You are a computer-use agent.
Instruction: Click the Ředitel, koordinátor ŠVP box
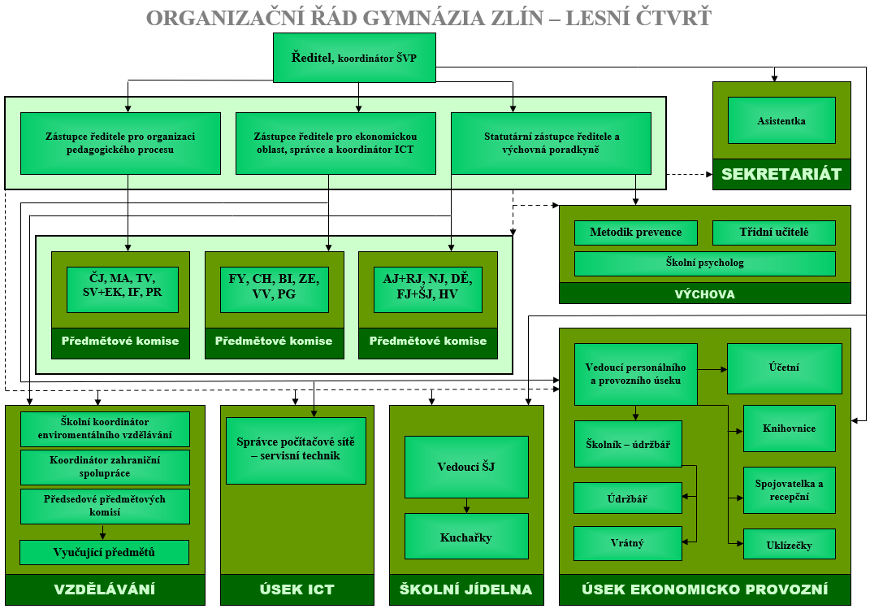pos(353,58)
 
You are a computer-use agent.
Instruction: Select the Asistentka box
pos(781,120)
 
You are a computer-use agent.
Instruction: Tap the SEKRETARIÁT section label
pos(781,174)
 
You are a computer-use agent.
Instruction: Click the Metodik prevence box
pos(635,233)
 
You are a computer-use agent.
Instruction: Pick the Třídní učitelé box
pos(773,233)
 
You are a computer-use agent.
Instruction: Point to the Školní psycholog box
pos(704,263)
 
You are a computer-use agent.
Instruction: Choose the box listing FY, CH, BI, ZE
pos(275,289)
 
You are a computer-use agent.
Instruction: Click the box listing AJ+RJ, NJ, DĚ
pos(428,289)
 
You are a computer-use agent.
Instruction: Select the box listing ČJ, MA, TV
pos(121,289)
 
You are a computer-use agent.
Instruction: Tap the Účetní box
pos(784,368)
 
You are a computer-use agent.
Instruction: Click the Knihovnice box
pos(789,428)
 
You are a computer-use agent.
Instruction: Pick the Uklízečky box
pos(789,544)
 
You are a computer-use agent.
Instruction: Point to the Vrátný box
pos(627,543)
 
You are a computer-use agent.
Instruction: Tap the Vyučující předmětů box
pos(104,552)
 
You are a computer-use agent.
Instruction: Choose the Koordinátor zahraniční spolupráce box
pos(104,467)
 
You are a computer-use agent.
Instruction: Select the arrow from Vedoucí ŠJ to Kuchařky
pos(466,505)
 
